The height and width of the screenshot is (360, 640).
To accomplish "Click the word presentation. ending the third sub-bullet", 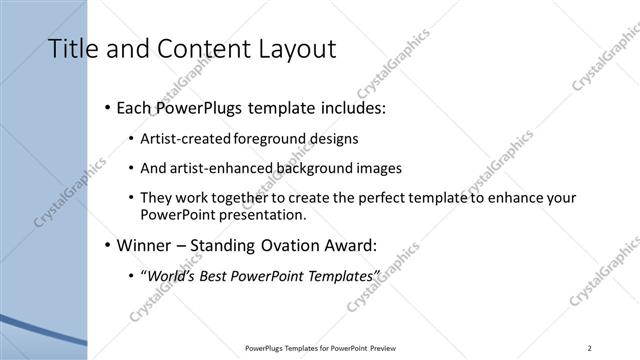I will click(267, 214).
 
